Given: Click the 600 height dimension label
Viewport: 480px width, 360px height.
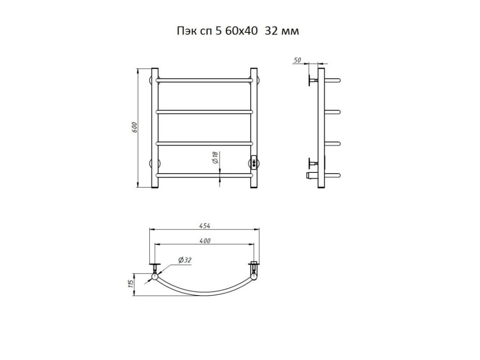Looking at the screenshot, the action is coord(135,127).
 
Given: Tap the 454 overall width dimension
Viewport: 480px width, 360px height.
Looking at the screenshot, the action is coord(205,226).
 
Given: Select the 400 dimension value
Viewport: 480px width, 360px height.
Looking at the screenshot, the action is coord(205,241).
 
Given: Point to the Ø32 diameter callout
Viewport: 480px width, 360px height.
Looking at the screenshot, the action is coord(184,260).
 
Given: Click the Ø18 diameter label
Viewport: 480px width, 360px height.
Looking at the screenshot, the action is coord(215,157).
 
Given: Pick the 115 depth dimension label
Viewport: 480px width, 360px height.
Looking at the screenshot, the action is coord(131,284).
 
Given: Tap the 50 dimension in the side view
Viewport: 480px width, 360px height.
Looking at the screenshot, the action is coord(297,60).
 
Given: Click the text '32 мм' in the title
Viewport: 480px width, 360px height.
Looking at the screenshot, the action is coord(282,31).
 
